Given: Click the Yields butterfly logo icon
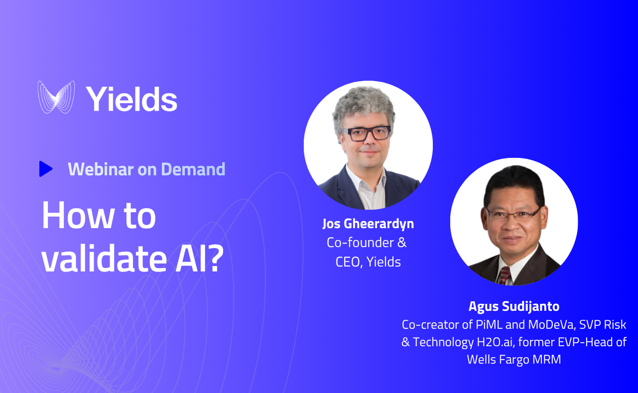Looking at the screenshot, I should tap(56, 97).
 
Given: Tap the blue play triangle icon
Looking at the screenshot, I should tap(45, 169).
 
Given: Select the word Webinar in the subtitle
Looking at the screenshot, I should tap(100, 169).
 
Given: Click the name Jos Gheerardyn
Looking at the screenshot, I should tap(368, 224).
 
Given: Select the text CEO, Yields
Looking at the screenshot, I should tap(368, 262).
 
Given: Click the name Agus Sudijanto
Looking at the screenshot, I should tap(514, 306).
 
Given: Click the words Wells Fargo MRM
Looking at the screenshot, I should tap(514, 359).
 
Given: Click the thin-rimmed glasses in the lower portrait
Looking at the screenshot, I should tap(513, 214).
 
